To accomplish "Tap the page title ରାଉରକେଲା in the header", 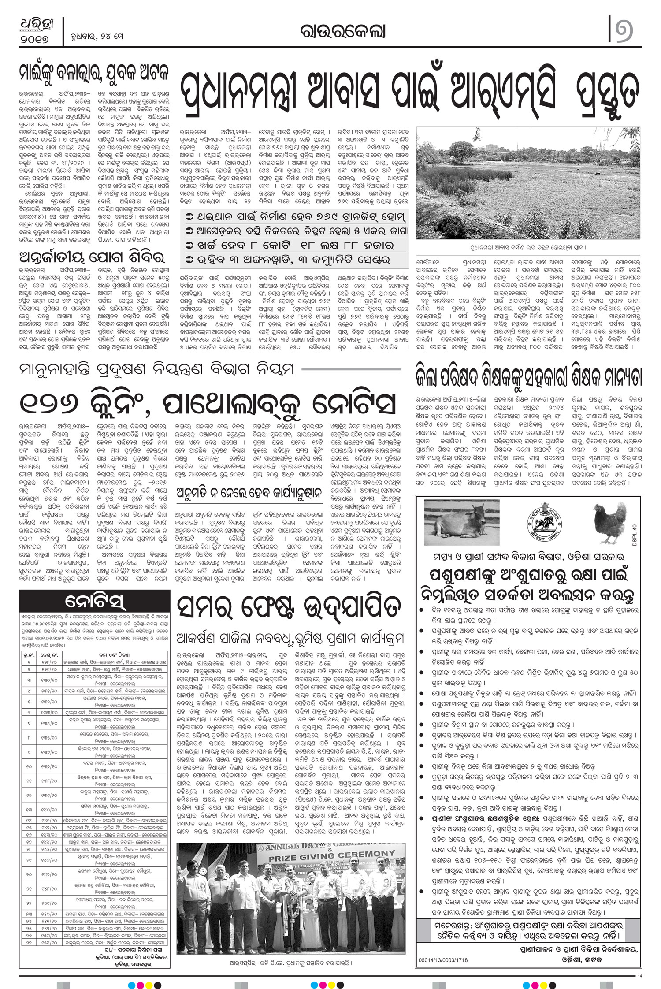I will (x=342, y=31).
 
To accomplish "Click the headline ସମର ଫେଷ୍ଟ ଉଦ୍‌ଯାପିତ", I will (x=289, y=607).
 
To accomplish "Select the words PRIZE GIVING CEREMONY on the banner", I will (x=332, y=854).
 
